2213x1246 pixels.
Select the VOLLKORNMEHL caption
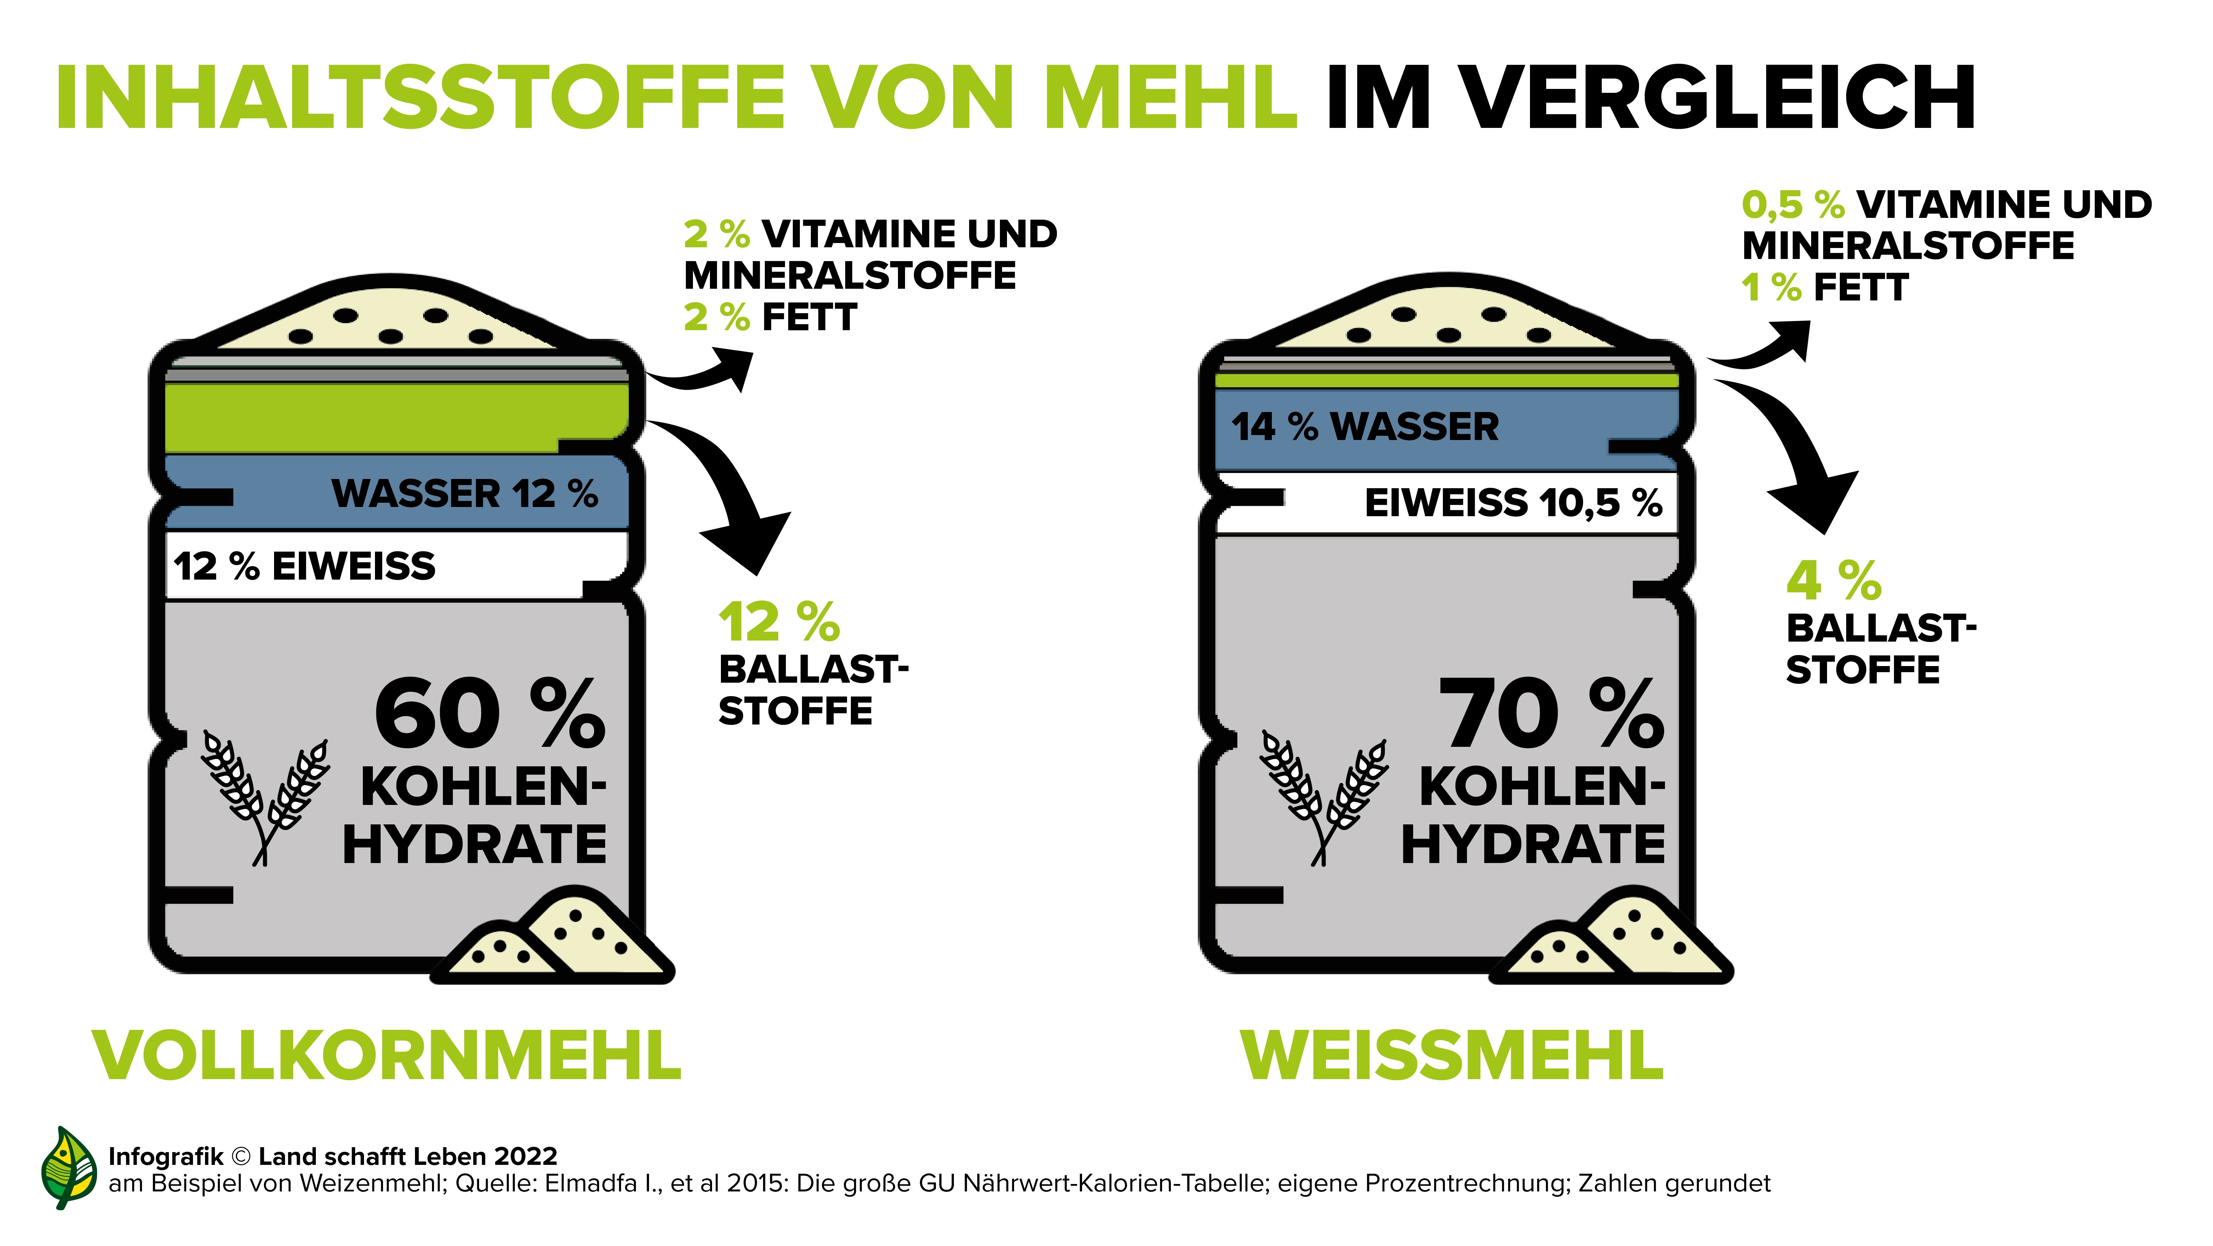(x=387, y=1055)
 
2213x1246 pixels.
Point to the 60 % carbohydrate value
(x=490, y=713)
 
